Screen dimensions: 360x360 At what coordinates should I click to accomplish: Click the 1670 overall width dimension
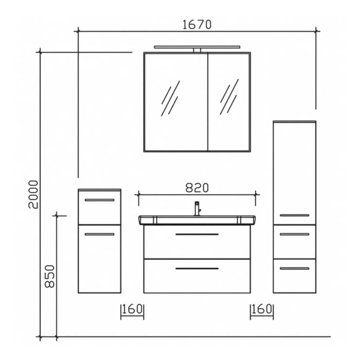click(x=197, y=24)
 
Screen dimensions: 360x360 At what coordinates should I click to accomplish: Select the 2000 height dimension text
click(x=33, y=194)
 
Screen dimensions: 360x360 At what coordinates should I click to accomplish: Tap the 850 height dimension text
click(x=49, y=276)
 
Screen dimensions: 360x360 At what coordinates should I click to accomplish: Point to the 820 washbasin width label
click(x=197, y=188)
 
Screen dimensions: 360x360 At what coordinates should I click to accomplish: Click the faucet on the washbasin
click(x=197, y=208)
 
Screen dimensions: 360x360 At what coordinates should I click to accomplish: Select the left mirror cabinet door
click(x=175, y=102)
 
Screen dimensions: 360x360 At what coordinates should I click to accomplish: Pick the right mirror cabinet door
click(x=229, y=102)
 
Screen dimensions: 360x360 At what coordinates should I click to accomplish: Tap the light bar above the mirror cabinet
click(x=197, y=47)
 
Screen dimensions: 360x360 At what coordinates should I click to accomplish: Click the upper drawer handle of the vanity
click(x=197, y=235)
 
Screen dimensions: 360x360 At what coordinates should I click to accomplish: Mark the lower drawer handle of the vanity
click(x=197, y=268)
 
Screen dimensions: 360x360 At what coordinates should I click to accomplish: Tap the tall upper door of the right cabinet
click(x=294, y=172)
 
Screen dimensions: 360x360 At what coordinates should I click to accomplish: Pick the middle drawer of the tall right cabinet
click(x=294, y=242)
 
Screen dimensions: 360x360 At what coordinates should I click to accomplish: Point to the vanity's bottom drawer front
click(x=197, y=276)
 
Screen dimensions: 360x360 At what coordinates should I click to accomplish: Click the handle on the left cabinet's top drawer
click(x=99, y=200)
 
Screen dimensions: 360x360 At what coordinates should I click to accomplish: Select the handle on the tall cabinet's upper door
click(x=294, y=215)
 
